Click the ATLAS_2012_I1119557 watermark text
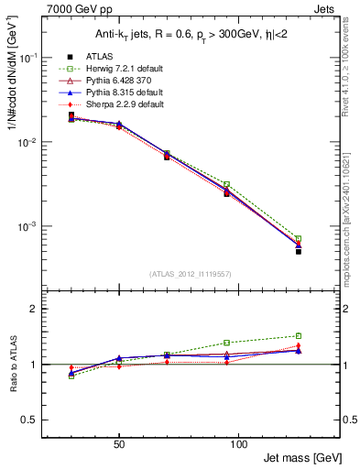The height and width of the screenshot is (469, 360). click(190, 274)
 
